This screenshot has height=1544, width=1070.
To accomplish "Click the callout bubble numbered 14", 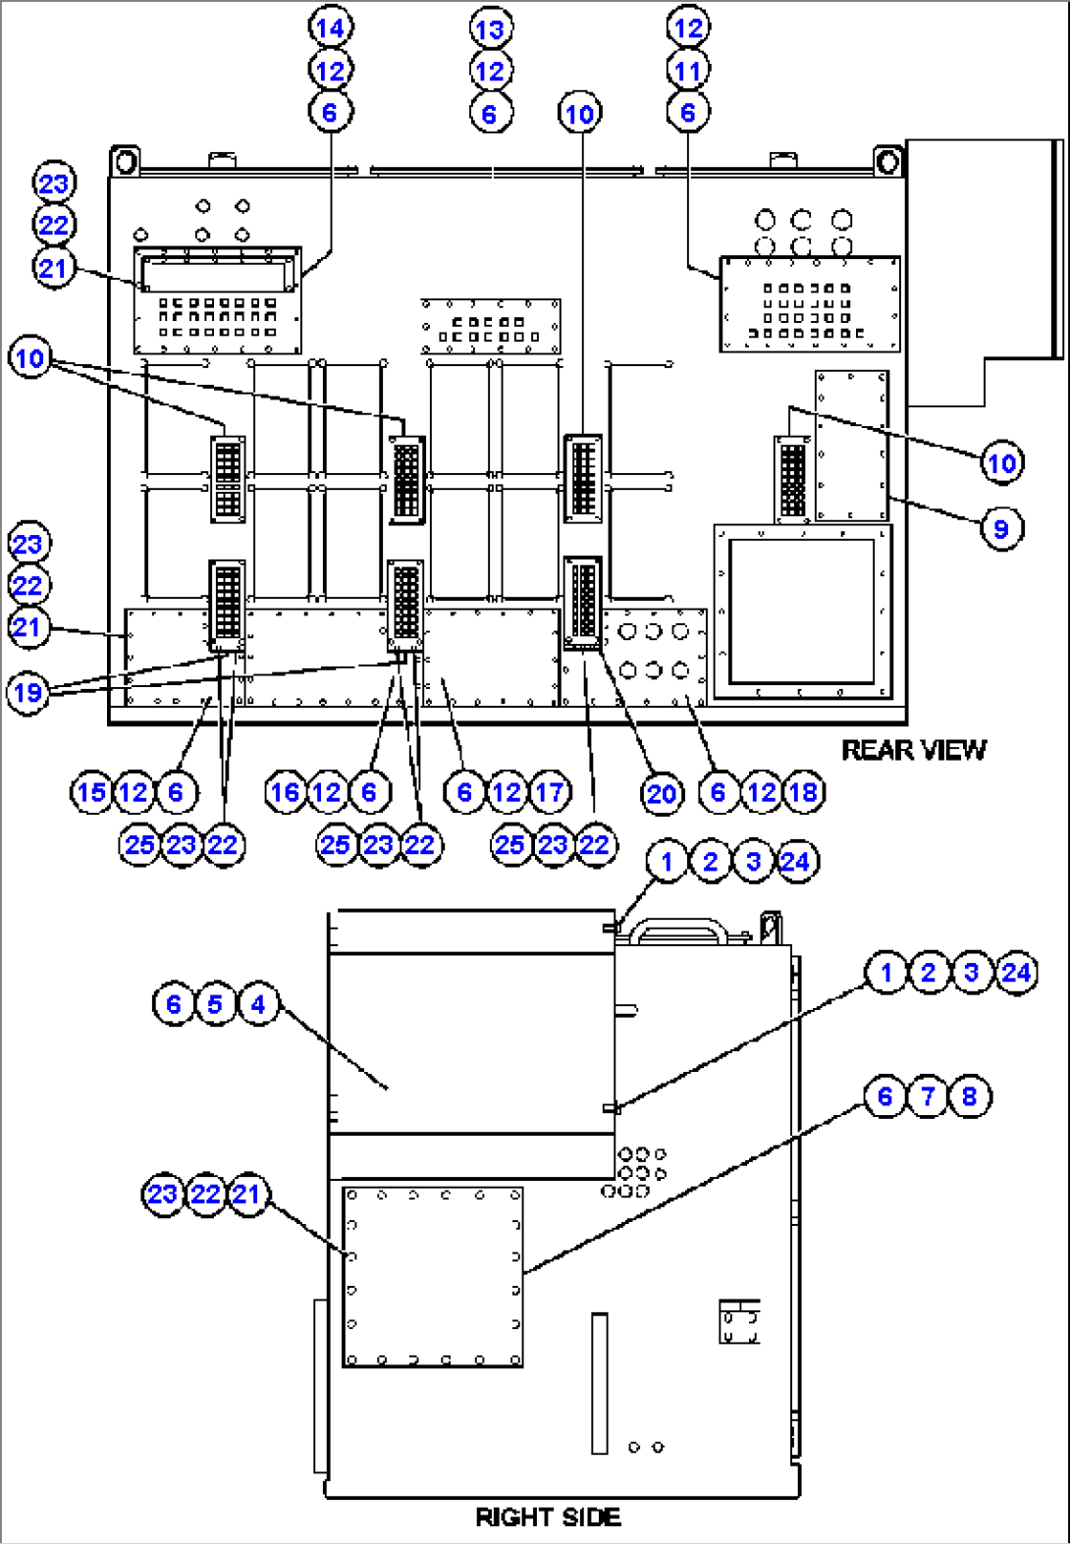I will tap(331, 27).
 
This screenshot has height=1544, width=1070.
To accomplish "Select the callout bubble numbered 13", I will tap(490, 29).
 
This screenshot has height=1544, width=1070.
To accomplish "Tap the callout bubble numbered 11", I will tap(688, 71).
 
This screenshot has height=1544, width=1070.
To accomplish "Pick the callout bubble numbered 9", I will tap(1001, 529).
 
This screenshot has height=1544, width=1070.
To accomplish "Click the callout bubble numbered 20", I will tap(662, 793).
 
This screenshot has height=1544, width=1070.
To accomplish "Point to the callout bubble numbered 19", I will tap(28, 693).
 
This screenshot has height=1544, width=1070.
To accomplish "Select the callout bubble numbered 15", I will tap(91, 792).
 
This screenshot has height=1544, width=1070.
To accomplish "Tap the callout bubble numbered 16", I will tap(286, 792).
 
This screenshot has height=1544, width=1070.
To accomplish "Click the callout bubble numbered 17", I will tap(550, 792).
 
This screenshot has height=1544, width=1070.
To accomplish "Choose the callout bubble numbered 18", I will tap(804, 792).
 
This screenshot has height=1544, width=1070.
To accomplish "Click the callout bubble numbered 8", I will tap(970, 1095).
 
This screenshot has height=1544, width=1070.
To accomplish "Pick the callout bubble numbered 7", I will tap(928, 1095).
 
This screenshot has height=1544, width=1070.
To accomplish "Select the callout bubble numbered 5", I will tap(215, 1004).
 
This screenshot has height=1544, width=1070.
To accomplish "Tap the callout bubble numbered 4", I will tap(258, 1004).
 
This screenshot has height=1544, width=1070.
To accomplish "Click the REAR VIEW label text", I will tap(913, 750).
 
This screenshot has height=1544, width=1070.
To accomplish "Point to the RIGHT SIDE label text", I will tap(548, 1517).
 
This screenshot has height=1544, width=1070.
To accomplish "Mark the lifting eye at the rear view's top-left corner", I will tap(125, 160).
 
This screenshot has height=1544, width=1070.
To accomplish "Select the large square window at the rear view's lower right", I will tap(801, 611).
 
